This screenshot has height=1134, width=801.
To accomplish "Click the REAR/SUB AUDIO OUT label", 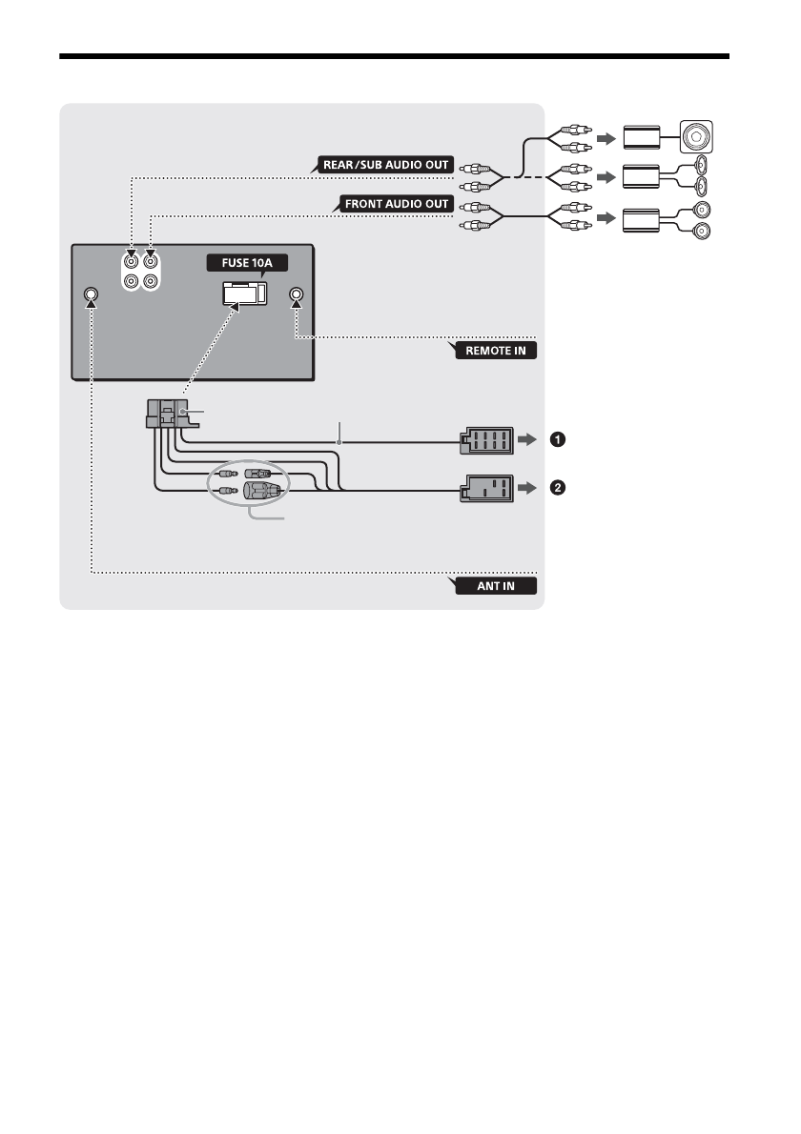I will [x=385, y=164].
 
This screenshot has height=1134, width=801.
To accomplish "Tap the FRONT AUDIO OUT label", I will [x=392, y=204].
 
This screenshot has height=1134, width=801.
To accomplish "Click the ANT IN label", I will [x=497, y=585].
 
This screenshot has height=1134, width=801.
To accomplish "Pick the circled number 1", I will [x=557, y=440].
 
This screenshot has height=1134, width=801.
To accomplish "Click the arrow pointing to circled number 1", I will [x=527, y=440].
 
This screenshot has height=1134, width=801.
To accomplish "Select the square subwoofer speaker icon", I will [x=700, y=136].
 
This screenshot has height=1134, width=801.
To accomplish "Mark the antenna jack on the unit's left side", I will [x=91, y=294].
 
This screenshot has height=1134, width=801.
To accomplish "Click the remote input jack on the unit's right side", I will [x=297, y=294].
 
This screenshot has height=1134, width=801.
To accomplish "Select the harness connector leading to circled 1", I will [x=485, y=441].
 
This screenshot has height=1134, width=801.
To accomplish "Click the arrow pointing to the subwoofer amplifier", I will [x=605, y=137].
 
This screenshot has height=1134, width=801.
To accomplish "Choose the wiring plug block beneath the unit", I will [x=168, y=415].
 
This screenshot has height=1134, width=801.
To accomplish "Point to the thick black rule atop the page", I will [x=394, y=56].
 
